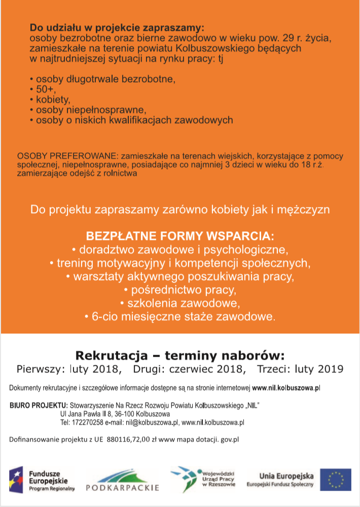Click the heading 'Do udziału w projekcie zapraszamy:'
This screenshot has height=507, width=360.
117,27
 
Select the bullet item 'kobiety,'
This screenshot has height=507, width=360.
51,99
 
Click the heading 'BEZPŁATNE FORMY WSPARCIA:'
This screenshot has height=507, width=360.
180,237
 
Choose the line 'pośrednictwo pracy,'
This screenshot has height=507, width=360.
180,290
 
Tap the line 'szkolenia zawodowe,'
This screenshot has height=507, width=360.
180,303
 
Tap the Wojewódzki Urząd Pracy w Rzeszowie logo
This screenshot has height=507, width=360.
203,478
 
